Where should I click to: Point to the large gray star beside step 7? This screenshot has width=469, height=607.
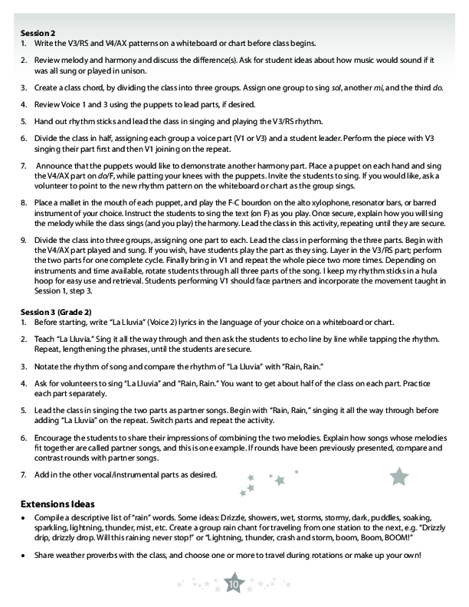point(399,477)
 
